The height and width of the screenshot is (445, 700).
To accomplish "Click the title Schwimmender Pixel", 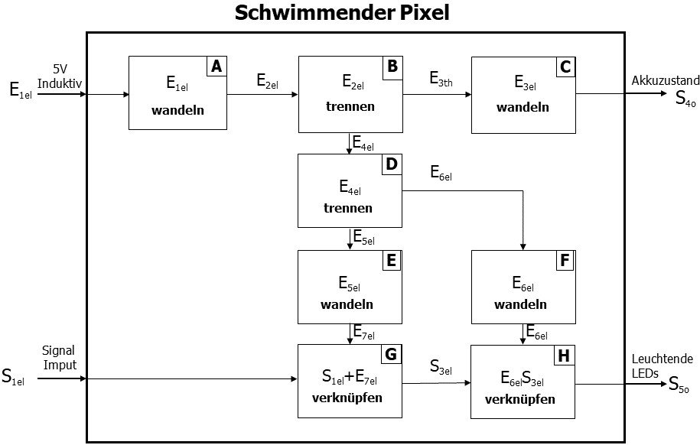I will click(342, 13).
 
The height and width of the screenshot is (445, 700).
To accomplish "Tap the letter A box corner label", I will click(217, 67).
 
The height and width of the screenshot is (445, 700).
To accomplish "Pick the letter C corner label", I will click(565, 67).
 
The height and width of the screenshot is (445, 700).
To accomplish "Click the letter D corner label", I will click(391, 164).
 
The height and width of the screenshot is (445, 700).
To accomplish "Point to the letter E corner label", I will click(391, 261).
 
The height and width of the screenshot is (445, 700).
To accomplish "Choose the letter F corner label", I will click(565, 261).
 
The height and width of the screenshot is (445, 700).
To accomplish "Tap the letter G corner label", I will click(391, 356).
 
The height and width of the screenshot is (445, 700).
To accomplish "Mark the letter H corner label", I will click(565, 356).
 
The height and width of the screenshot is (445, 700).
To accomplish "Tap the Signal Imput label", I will click(60, 358).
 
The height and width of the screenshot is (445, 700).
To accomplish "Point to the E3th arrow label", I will click(441, 79).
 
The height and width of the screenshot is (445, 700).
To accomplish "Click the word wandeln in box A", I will click(178, 110).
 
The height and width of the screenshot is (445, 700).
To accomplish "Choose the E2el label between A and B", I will click(268, 80).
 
